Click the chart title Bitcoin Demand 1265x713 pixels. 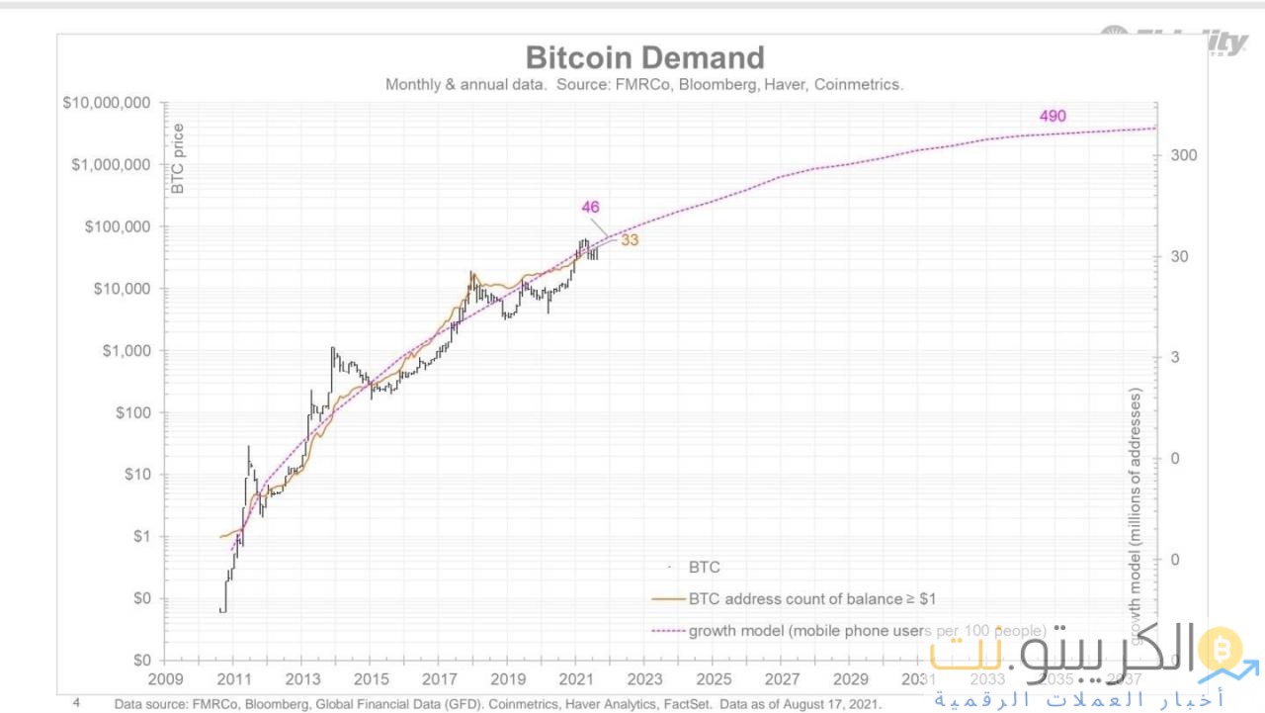click(x=644, y=57)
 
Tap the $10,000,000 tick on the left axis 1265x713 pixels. click(x=106, y=103)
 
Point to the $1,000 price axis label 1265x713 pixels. click(x=124, y=351)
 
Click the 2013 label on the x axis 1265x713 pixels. click(x=302, y=680)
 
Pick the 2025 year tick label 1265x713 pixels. click(x=714, y=680)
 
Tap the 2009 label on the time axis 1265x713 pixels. click(x=165, y=680)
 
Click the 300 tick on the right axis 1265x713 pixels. click(x=1184, y=155)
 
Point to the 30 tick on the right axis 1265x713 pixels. click(x=1180, y=257)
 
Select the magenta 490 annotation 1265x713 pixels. click(x=1053, y=117)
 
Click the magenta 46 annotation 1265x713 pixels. click(x=590, y=208)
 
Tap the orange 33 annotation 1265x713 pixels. click(x=630, y=240)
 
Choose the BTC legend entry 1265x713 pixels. click(x=704, y=568)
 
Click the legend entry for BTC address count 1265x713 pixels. click(x=811, y=599)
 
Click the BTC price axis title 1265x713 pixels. click(x=179, y=158)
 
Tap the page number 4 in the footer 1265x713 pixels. click(x=76, y=703)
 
